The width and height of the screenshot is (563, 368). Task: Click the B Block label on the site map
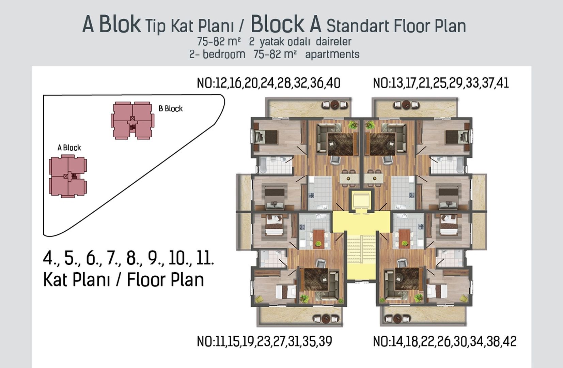point(170,109)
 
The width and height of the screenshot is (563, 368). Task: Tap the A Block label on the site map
point(69,148)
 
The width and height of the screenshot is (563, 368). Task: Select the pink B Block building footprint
point(132,120)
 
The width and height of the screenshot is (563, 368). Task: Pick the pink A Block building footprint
point(68,177)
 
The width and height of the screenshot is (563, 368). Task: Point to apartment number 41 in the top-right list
point(502,83)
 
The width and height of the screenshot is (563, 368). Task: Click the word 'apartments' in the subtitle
point(332,54)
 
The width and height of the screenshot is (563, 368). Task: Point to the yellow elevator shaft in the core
point(361,200)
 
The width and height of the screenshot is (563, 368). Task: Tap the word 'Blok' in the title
point(120,24)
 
